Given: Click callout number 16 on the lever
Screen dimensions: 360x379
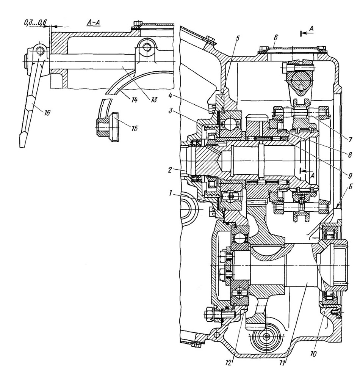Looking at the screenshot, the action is tap(47, 112).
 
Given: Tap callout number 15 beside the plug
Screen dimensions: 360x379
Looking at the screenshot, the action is tap(135, 128).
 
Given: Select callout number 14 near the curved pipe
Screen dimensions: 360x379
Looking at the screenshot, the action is tap(134, 99).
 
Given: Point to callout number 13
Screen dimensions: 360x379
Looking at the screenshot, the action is tap(153, 99).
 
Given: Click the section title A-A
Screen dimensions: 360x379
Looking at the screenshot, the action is tap(93, 23).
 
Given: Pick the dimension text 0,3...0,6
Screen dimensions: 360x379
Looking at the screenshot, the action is tap(35, 23).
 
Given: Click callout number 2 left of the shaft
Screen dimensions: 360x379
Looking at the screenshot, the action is tap(170, 170).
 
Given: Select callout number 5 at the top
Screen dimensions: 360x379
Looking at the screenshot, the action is tap(237, 39).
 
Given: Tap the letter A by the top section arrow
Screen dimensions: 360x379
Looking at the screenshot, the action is tap(311, 29).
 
